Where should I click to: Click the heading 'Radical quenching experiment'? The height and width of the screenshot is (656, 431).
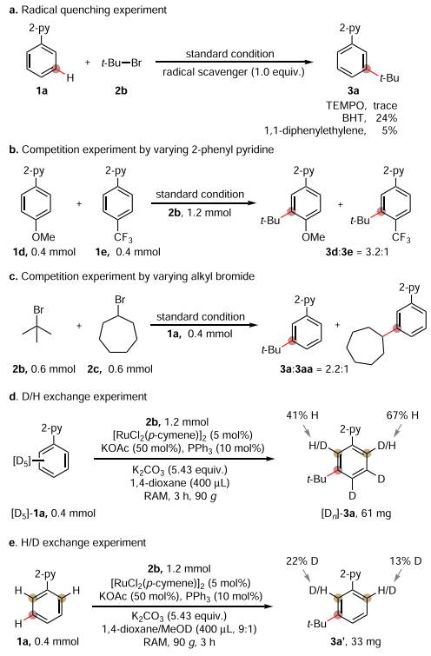click(x=94, y=10)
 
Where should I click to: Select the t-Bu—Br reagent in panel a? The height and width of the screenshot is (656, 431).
click(x=122, y=63)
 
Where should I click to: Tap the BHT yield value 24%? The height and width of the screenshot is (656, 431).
click(x=386, y=118)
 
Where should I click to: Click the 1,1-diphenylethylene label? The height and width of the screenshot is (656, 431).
click(x=315, y=130)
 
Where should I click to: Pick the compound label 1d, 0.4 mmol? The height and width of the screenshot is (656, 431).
click(x=44, y=252)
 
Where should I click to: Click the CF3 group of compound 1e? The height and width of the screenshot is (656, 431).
click(x=123, y=238)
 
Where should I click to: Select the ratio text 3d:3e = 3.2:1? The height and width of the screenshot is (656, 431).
click(x=357, y=252)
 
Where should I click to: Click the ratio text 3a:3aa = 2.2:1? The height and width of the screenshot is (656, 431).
click(x=315, y=369)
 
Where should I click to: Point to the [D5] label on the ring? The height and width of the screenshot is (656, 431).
click(x=21, y=461)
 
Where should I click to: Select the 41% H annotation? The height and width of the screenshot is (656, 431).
click(x=302, y=415)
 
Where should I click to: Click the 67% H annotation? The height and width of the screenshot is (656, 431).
click(x=402, y=415)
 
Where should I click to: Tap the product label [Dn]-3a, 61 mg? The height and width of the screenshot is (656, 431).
click(x=355, y=513)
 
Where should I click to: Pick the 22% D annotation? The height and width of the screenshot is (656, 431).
click(x=302, y=561)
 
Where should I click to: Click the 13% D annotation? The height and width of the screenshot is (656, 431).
click(x=406, y=561)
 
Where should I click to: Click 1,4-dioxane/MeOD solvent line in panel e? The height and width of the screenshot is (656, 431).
click(x=180, y=628)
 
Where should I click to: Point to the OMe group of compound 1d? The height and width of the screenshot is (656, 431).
click(x=43, y=237)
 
